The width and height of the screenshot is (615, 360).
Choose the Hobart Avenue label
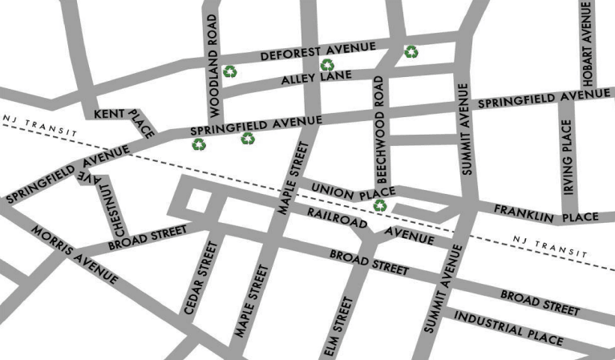point(587,45)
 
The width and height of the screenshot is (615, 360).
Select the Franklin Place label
point(545,214)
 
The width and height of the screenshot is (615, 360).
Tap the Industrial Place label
point(508,327)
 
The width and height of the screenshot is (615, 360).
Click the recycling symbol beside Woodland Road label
point(230,71)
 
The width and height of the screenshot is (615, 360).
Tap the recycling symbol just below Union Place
point(380,206)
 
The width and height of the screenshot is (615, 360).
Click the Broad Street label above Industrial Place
point(539,302)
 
